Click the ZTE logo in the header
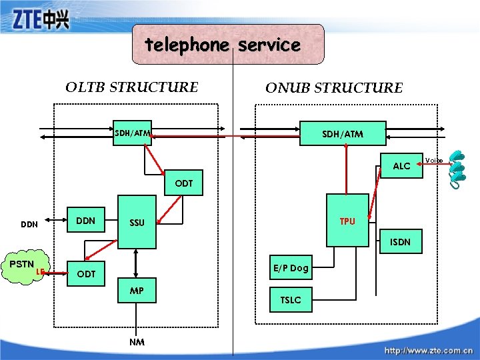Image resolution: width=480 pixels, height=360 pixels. (41, 21)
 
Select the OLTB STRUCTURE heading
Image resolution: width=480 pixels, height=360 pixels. (131, 87)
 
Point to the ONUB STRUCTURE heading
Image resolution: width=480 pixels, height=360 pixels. (334, 88)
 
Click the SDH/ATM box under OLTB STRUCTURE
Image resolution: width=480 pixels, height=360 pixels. (131, 133)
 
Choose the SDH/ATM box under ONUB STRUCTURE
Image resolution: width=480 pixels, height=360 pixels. (343, 134)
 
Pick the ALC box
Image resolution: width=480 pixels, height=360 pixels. (401, 165)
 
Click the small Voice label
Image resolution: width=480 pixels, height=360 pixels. (434, 160)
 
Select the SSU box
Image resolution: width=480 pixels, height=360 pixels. (137, 223)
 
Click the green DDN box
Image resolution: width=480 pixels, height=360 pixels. (86, 221)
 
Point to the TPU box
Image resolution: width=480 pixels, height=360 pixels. (347, 221)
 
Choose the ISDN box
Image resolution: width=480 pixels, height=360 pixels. (400, 242)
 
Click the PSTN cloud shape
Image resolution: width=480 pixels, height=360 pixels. (23, 266)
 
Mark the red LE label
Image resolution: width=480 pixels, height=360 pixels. (40, 271)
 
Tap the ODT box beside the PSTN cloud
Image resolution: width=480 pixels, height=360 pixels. (86, 274)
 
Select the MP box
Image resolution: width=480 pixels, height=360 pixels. (137, 291)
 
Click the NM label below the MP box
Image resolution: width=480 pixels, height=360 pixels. (137, 341)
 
